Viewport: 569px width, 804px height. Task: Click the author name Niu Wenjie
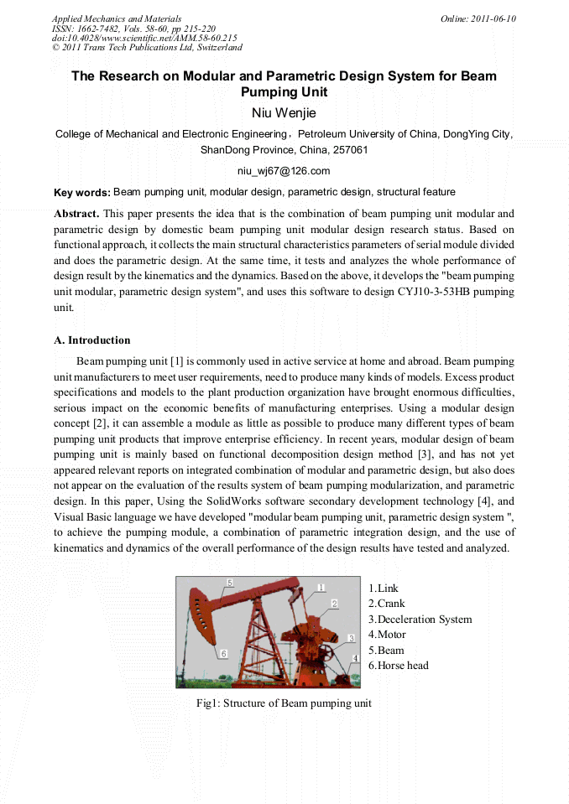pos(284,112)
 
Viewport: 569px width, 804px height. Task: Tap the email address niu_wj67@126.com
pos(284,171)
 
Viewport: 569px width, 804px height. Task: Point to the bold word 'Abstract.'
pos(76,214)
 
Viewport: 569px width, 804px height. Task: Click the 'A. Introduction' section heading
pos(92,340)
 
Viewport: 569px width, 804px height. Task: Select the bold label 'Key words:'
pos(81,193)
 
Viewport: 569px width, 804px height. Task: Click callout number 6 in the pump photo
pos(223,652)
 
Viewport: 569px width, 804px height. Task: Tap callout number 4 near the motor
pos(355,658)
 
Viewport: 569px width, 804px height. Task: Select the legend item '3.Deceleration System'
pos(420,620)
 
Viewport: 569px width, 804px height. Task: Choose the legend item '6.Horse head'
pos(398,666)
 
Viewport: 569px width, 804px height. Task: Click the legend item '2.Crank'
pos(386,604)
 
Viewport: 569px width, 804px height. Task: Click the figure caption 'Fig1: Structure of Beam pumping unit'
pos(284,703)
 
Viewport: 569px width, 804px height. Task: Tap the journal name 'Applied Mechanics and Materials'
pos(117,18)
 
